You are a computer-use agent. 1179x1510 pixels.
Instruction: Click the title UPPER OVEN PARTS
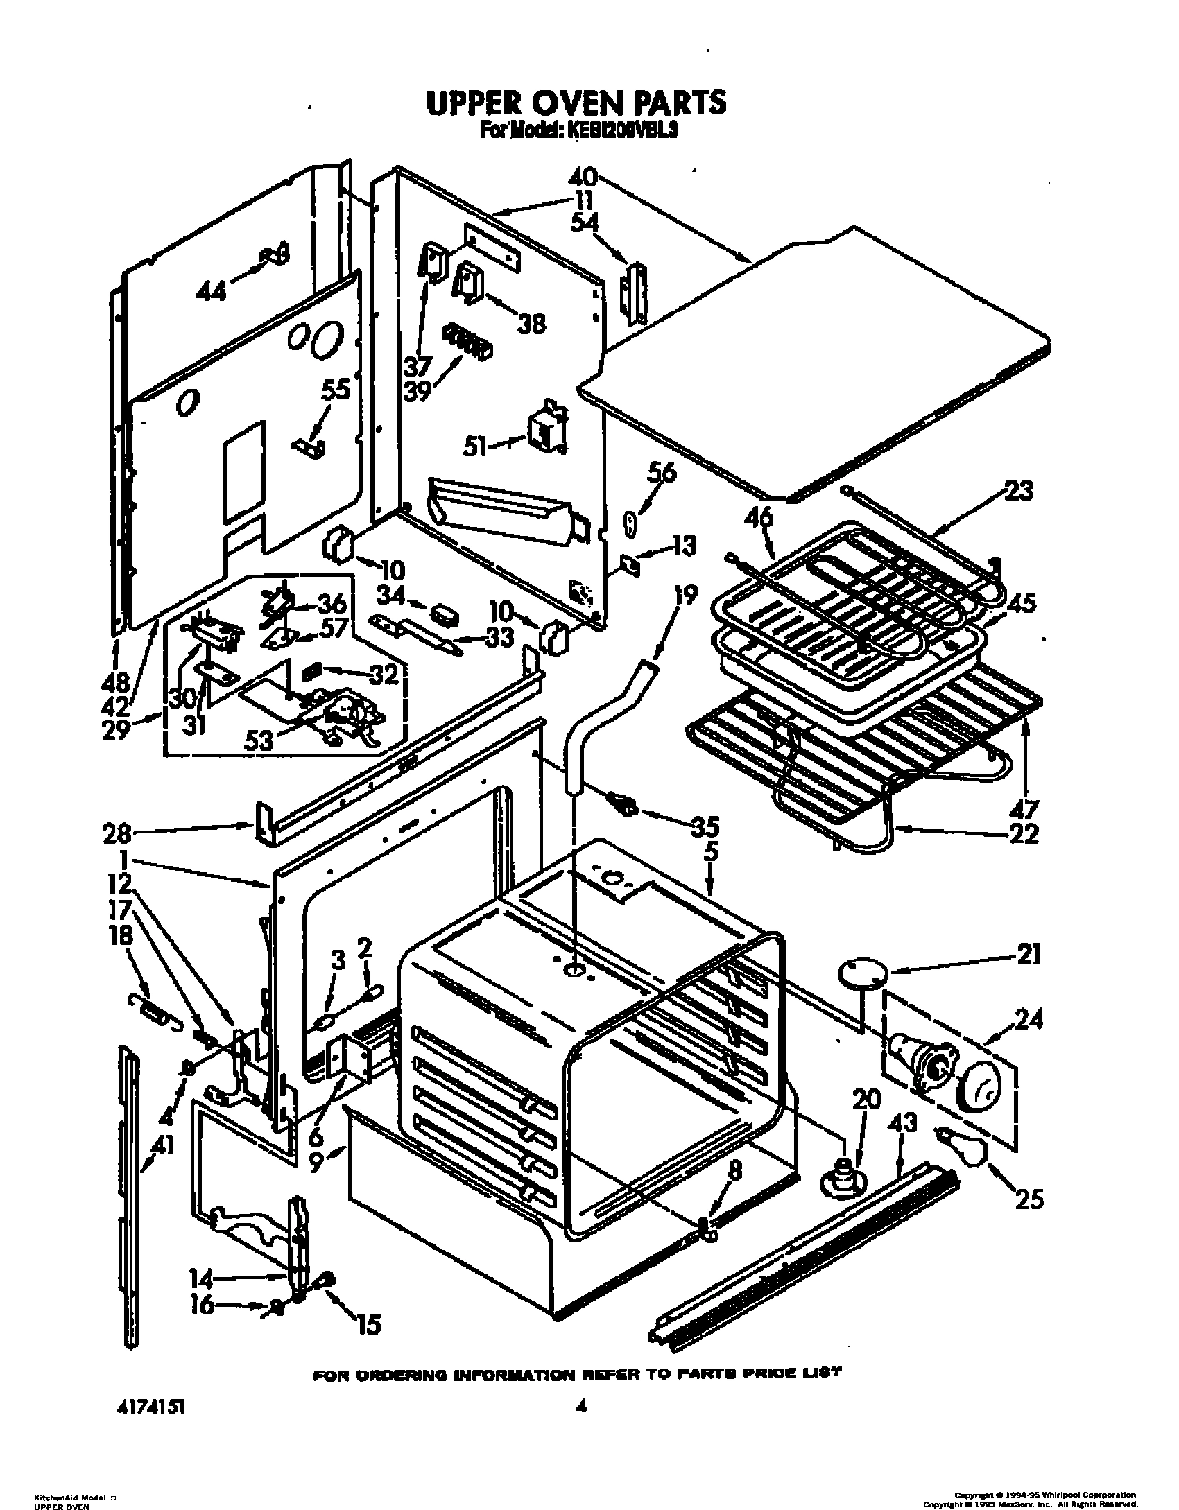pos(576,103)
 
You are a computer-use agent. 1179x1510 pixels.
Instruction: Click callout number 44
pos(211,292)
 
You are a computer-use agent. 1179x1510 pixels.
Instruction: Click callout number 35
pos(704,826)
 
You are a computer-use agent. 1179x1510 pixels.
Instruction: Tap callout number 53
pos(261,740)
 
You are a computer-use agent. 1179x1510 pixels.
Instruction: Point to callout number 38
pos(532,323)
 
